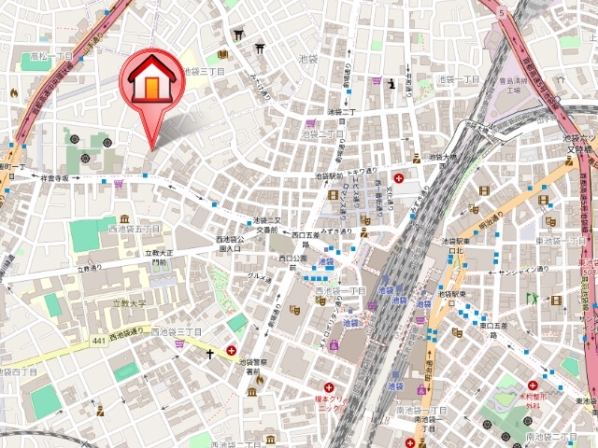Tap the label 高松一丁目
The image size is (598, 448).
tap(50, 56)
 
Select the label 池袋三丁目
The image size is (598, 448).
tap(205, 71)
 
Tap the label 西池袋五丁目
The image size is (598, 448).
tap(135, 229)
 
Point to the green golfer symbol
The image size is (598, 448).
tap(533, 299)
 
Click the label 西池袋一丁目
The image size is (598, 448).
tap(341, 291)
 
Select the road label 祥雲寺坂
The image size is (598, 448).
tap(50, 177)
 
